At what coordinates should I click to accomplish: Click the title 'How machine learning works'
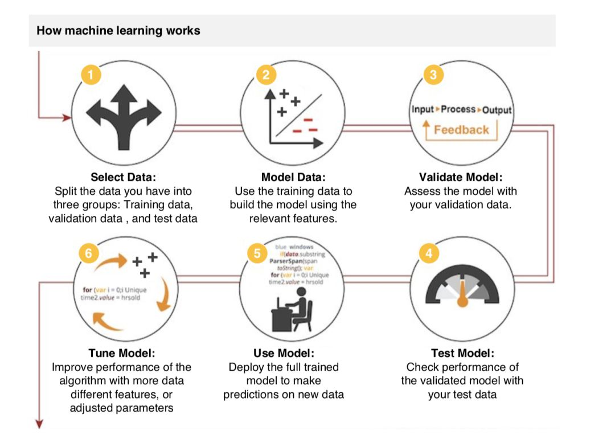point(118,30)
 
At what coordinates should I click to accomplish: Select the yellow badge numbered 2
point(265,75)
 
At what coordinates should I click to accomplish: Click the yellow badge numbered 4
point(429,253)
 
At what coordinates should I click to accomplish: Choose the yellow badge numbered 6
point(88,253)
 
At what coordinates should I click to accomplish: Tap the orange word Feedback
point(461,130)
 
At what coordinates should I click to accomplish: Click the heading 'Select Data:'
point(124,177)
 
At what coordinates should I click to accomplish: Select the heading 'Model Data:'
point(293,177)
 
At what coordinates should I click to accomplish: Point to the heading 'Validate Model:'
point(461,177)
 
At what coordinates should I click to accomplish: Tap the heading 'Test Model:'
point(462,353)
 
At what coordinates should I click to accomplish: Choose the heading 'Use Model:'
point(284,353)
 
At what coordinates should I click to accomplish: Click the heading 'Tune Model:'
point(121,353)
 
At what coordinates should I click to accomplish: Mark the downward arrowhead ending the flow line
point(39,424)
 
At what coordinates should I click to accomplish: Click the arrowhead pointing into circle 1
point(67,118)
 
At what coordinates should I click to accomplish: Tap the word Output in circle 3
point(497,110)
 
